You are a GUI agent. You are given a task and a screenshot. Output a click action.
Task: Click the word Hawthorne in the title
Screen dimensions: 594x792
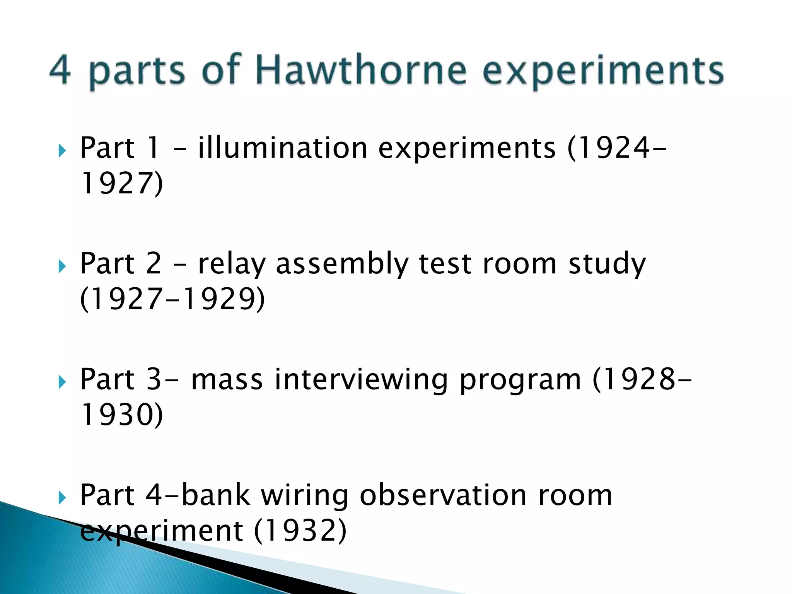[x=361, y=70]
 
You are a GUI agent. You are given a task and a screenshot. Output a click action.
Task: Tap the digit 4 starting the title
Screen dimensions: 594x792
[x=60, y=70]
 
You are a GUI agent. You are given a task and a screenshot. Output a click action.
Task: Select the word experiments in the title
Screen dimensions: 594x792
[x=603, y=72]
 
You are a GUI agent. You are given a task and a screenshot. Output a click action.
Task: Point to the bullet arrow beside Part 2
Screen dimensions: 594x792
[x=62, y=266]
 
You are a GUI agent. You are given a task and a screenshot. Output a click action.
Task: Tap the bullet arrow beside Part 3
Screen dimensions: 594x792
[x=62, y=382]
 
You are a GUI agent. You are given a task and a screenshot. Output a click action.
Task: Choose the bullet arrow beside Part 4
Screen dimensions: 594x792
[x=62, y=498]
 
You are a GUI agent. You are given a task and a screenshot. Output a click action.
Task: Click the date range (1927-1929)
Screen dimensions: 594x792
[x=172, y=299]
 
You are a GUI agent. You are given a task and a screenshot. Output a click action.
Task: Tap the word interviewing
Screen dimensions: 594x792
[x=361, y=380]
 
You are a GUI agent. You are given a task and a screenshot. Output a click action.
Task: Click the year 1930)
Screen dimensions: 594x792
[x=122, y=415]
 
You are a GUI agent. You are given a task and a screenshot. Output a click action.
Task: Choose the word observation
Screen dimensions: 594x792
[x=443, y=495]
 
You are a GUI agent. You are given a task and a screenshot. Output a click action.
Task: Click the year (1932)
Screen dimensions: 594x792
[x=300, y=531]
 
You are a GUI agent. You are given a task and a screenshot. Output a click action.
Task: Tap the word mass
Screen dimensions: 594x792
[x=227, y=380]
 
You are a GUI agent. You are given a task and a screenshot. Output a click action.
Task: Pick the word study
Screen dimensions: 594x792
[x=607, y=265]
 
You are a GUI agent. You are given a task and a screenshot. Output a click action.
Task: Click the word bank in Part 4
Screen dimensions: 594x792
[x=216, y=495]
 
